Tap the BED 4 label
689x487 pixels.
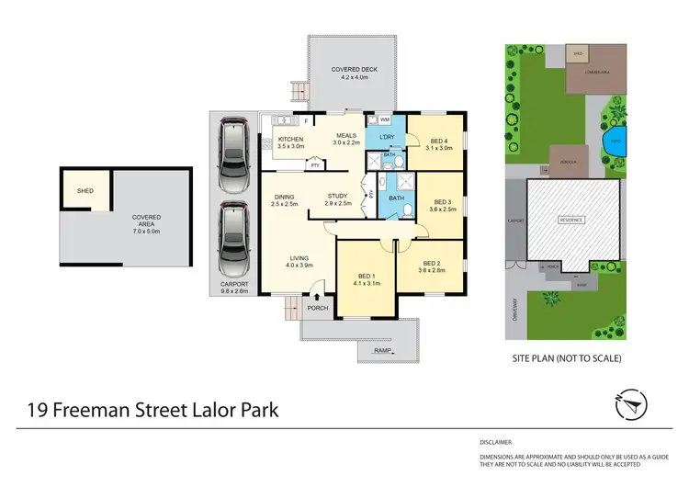point(438,139)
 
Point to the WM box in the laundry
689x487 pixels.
point(385,119)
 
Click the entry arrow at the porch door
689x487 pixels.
point(316,296)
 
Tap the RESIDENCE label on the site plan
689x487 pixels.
point(572,221)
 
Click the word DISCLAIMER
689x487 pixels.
point(496,442)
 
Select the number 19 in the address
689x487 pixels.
point(38,409)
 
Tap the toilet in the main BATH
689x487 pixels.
point(406,210)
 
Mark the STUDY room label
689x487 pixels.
point(337,195)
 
